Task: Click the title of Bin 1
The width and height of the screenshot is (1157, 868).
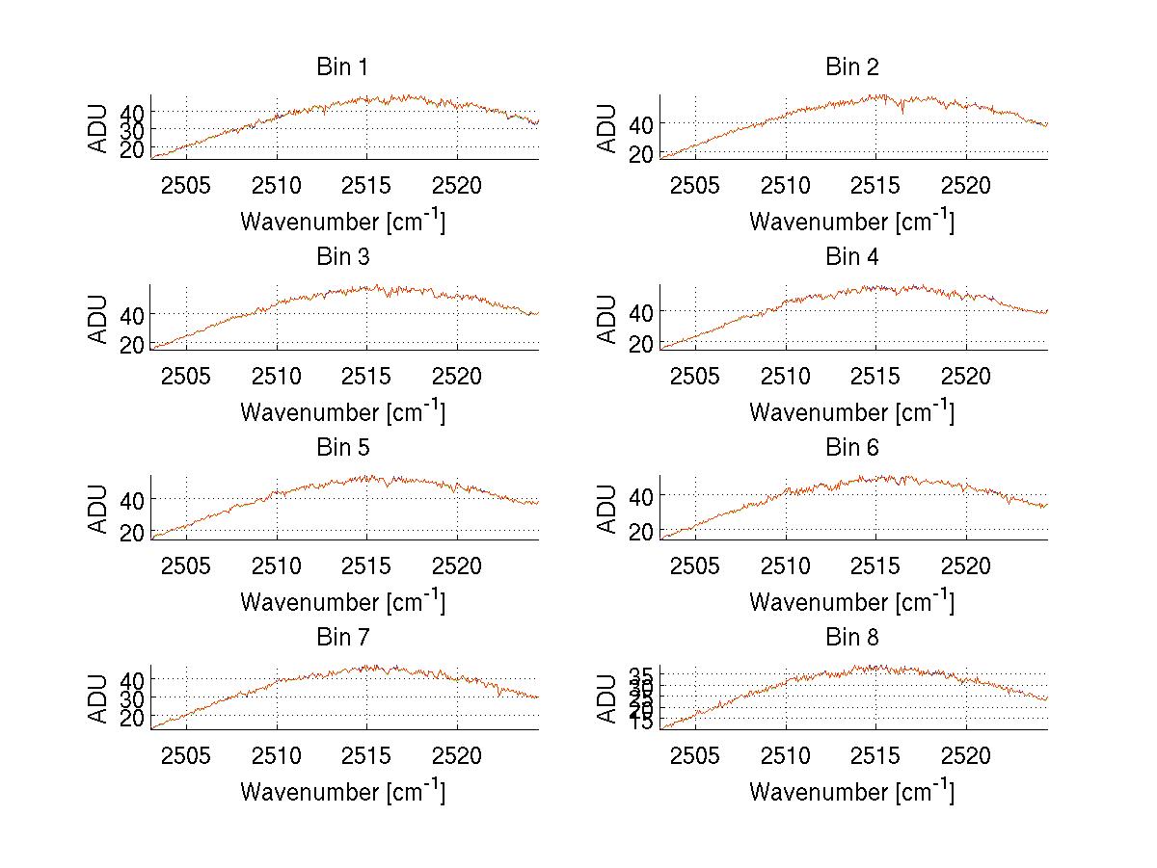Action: coord(342,67)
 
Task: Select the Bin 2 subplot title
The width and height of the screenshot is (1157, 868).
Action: coord(852,67)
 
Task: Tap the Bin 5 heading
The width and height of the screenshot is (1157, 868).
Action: coord(342,448)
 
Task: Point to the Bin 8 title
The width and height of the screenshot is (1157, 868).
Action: coord(852,638)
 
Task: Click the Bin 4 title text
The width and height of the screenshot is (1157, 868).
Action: coord(852,257)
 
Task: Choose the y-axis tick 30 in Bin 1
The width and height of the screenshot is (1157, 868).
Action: coord(132,130)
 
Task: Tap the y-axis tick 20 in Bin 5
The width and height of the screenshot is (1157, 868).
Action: coord(132,532)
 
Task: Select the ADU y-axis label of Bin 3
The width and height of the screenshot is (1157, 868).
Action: coord(99,319)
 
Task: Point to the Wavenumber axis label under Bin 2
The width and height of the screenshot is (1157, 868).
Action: coord(852,221)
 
